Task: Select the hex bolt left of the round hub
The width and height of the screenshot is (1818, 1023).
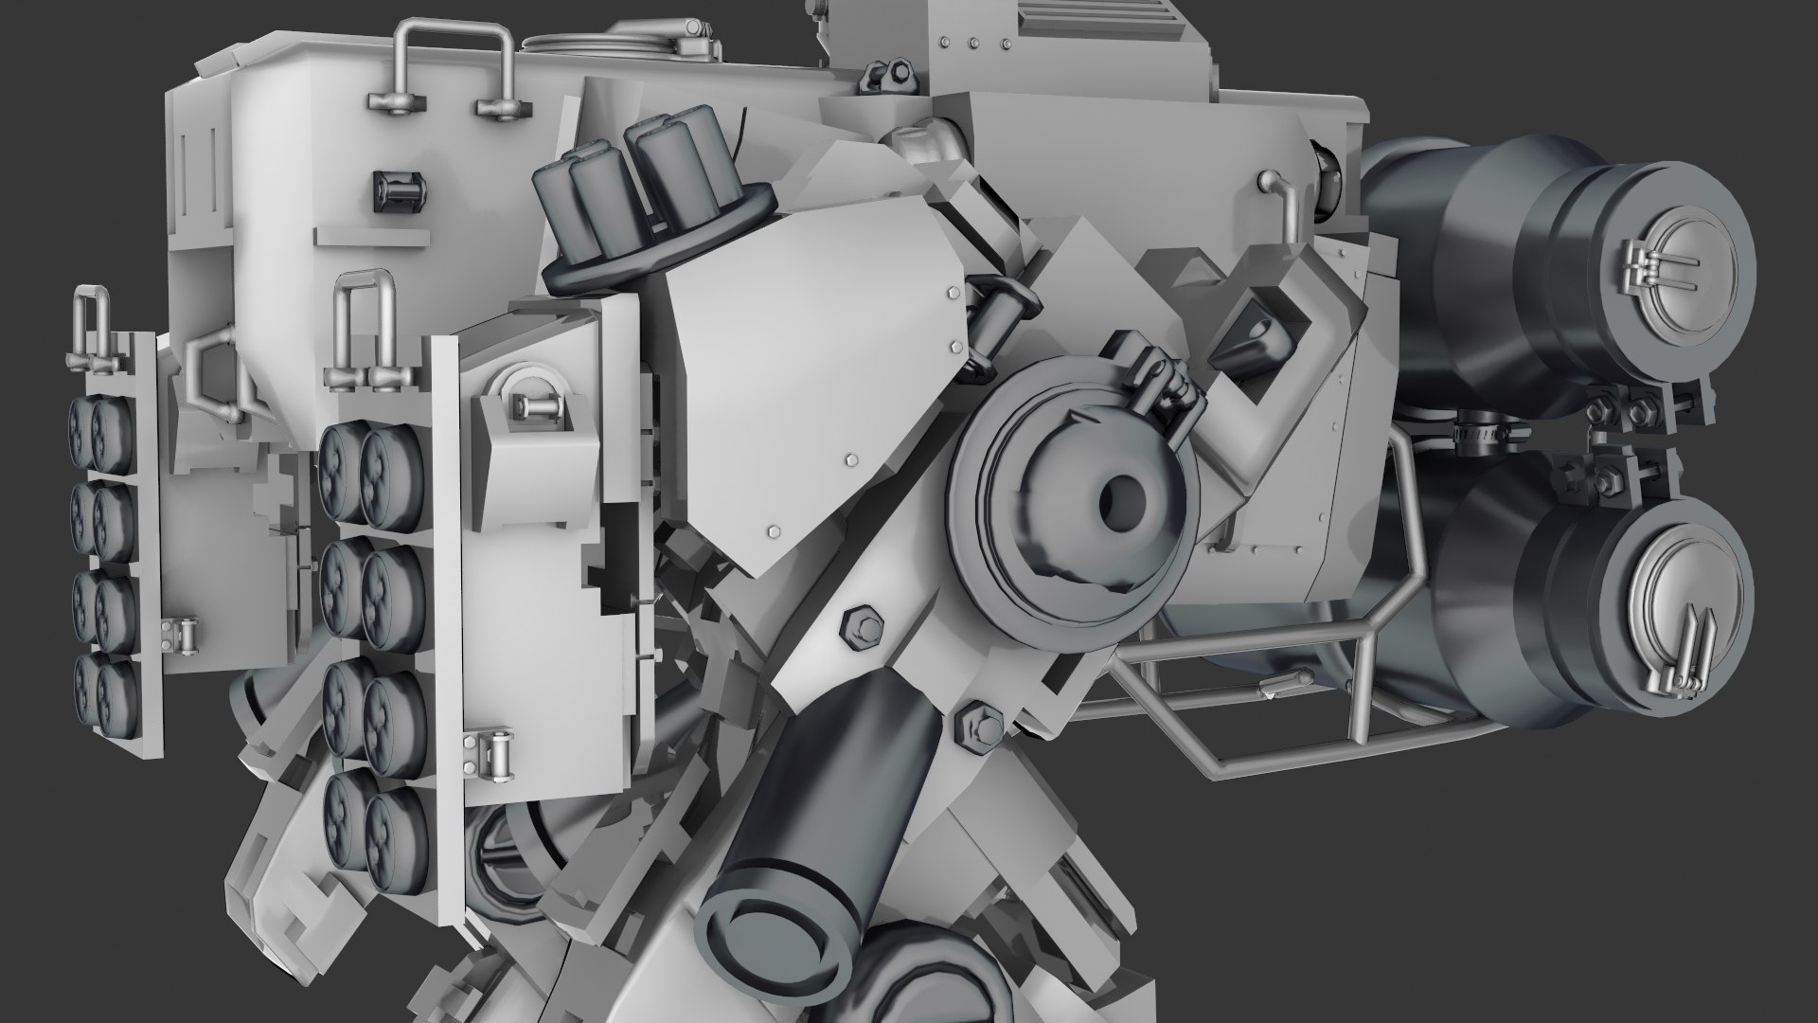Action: pyautogui.click(x=863, y=626)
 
